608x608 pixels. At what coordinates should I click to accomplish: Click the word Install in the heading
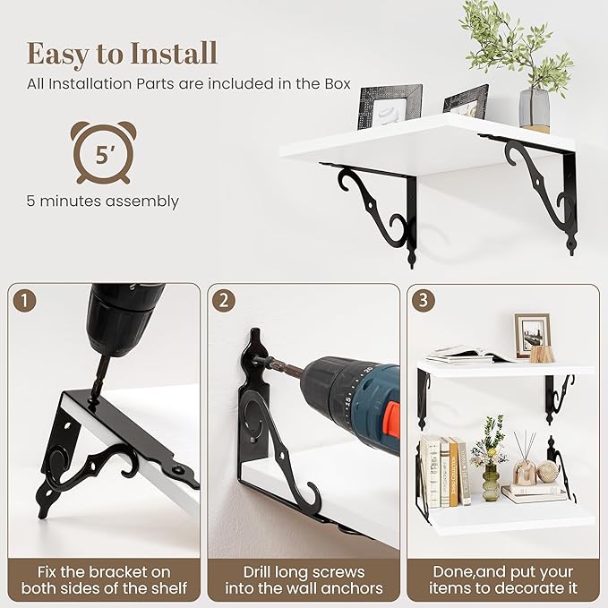point(174,54)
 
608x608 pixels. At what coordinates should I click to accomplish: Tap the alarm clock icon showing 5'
point(104,152)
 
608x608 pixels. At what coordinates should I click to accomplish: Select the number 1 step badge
point(24,301)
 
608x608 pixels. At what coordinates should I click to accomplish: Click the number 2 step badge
point(224,301)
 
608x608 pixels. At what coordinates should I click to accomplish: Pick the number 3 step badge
point(423,300)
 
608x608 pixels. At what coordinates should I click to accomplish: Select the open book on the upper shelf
point(466,354)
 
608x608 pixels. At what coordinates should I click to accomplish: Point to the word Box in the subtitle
point(338,84)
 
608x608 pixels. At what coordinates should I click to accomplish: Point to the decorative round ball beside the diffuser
point(547,472)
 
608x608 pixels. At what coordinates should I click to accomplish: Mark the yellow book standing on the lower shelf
point(453,472)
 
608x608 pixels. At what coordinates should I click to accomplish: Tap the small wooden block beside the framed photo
point(541,353)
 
